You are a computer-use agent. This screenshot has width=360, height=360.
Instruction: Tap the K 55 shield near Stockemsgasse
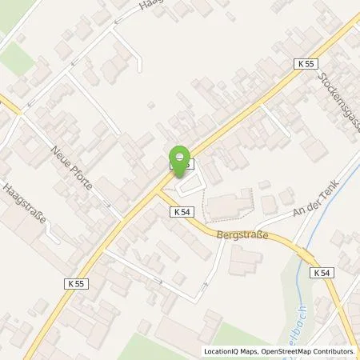(304, 63)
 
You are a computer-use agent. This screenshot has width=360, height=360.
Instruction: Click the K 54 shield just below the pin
(180, 212)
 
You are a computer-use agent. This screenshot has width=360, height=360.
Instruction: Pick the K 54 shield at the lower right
(321, 273)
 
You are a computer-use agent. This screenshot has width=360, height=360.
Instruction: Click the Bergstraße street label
(242, 235)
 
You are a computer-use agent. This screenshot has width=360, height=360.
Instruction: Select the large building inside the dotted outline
(229, 205)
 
